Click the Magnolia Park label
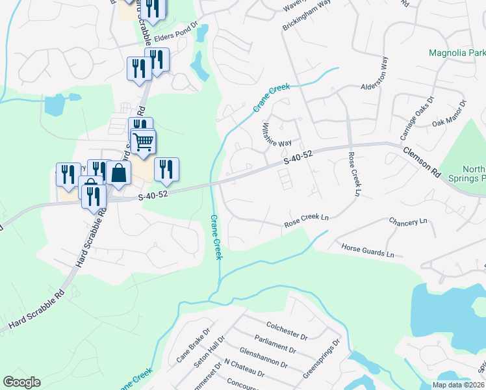click(457, 53)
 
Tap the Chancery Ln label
click(408, 222)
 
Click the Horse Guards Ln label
click(368, 250)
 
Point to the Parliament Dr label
click(277, 344)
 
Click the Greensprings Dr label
click(322, 359)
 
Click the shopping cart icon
click(144, 140)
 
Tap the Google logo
click(21, 382)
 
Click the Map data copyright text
click(457, 385)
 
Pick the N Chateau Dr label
click(243, 367)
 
